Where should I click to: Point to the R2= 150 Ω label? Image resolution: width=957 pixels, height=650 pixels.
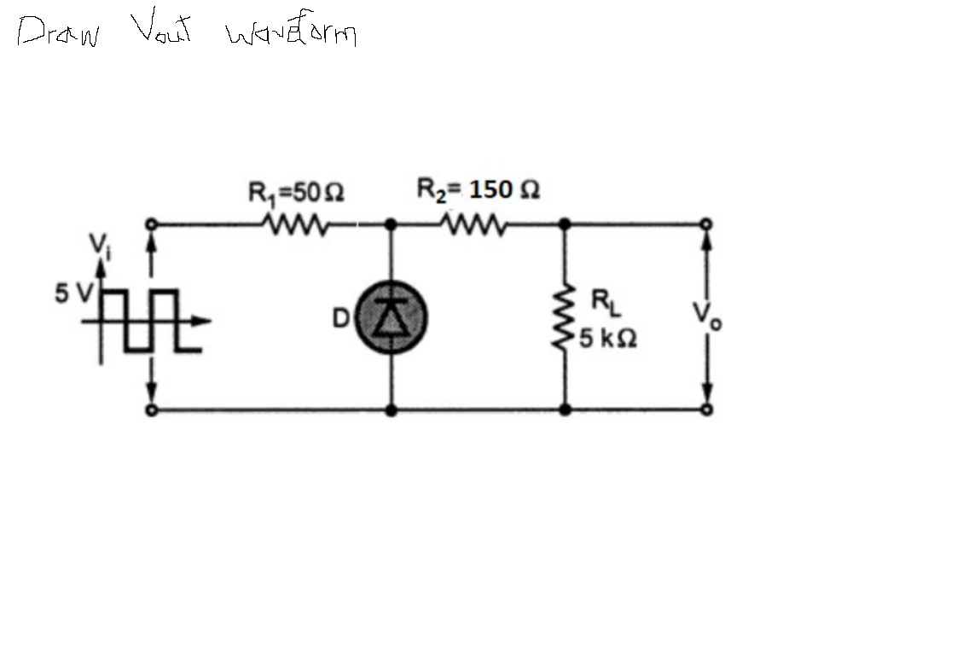[x=478, y=189]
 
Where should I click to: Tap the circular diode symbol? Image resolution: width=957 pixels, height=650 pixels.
[x=391, y=316]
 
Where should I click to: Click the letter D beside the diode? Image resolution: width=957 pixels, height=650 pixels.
[x=339, y=319]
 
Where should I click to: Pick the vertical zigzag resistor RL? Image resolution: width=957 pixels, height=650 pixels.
[x=563, y=318]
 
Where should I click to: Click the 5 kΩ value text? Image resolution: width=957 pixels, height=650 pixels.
[x=607, y=339]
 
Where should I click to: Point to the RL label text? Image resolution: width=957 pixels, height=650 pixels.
[x=603, y=301]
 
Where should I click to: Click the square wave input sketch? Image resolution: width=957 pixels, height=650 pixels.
[x=145, y=321]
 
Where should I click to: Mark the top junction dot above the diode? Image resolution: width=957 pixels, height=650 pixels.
[x=391, y=224]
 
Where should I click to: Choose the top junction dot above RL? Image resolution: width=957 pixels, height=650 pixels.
[x=564, y=224]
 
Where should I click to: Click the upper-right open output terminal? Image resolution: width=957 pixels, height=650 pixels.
[x=706, y=224]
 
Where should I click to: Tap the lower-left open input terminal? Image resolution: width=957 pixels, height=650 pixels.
[x=151, y=410]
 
